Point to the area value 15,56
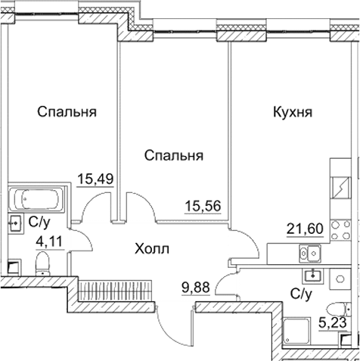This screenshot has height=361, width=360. pyautogui.click(x=204, y=204)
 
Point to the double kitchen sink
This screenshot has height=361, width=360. pyautogui.click(x=304, y=253)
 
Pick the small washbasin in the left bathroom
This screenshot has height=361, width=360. pyautogui.click(x=14, y=223)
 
